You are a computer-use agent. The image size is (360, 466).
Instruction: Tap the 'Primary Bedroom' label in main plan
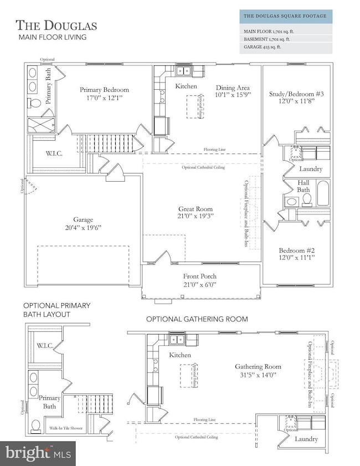pyautogui.click(x=104, y=90)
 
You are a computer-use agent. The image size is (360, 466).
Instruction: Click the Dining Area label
pyautogui.click(x=233, y=88)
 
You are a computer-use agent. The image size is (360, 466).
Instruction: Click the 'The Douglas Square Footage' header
pyautogui.click(x=286, y=16)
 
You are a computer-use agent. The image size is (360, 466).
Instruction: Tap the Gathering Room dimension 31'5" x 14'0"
pyautogui.click(x=257, y=375)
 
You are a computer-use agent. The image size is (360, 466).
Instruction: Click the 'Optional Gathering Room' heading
pyautogui.click(x=197, y=319)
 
